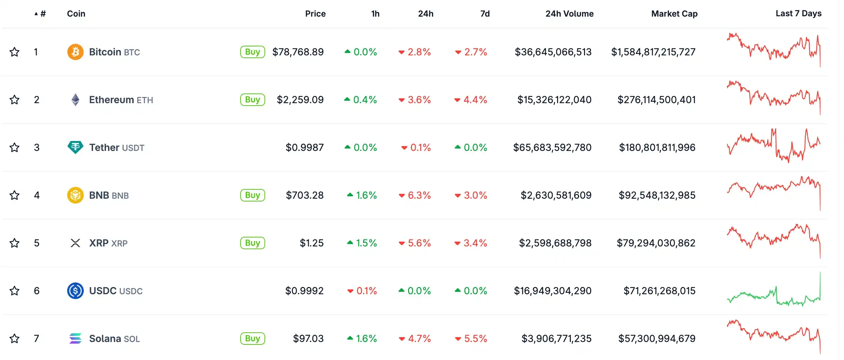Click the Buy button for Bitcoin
(252, 52)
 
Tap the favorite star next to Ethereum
(15, 100)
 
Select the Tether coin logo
(75, 147)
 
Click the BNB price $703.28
(305, 195)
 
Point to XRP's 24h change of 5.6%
(415, 243)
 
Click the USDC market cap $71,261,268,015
(659, 291)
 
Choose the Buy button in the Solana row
(252, 339)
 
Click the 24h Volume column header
(569, 14)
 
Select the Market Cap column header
(674, 14)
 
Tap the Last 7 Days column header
(799, 13)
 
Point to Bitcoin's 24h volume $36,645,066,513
(553, 52)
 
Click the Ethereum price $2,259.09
(300, 100)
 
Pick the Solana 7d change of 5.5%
(471, 339)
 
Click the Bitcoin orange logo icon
(75, 52)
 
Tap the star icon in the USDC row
(15, 291)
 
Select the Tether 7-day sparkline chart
(774, 145)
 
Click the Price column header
(315, 14)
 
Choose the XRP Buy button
(252, 243)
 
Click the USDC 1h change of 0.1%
(362, 291)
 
